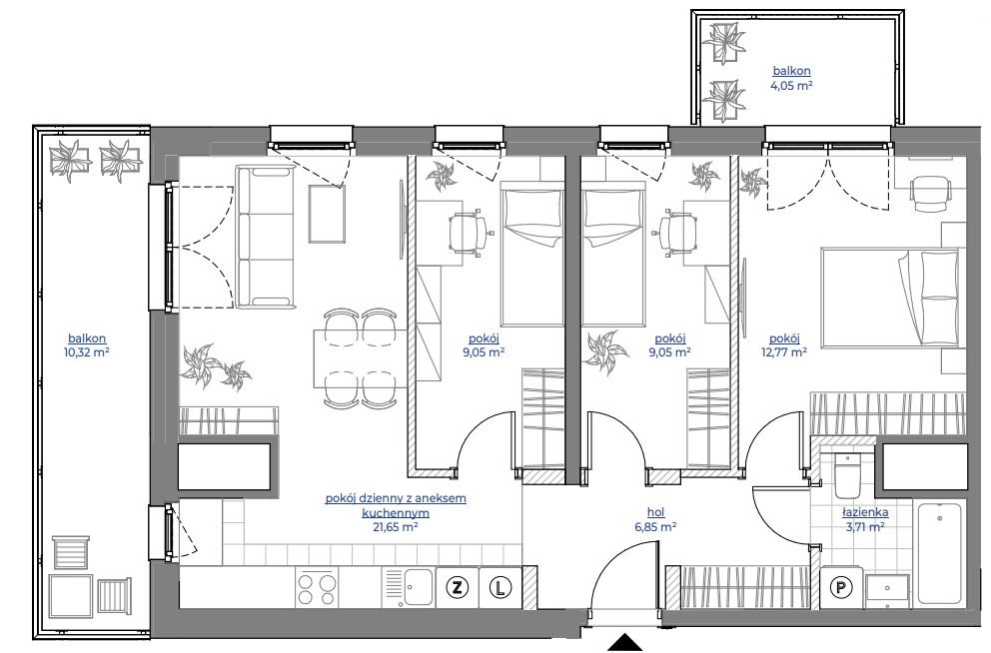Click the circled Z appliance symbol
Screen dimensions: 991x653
pos(456,588)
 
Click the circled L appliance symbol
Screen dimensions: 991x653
pos(499,588)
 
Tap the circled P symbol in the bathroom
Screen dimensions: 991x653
pos(840,588)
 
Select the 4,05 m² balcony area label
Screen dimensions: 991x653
pos(791,85)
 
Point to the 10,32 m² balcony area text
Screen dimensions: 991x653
pos(87,352)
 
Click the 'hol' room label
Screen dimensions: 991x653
pos(656,512)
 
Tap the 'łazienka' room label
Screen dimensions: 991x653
pos(865,512)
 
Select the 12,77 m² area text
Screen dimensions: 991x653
pos(784,352)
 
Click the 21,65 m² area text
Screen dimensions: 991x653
pos(396,527)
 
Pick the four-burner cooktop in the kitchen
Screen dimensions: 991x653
pos(316,588)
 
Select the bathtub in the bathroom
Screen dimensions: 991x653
pos(940,553)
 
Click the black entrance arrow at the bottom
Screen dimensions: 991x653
pos(625,642)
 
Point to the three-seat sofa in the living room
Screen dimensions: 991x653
pos(266,238)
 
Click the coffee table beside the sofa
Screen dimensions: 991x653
pos(327,214)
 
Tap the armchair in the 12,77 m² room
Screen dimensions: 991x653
pos(929,194)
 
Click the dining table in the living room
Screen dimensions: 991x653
pos(360,358)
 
